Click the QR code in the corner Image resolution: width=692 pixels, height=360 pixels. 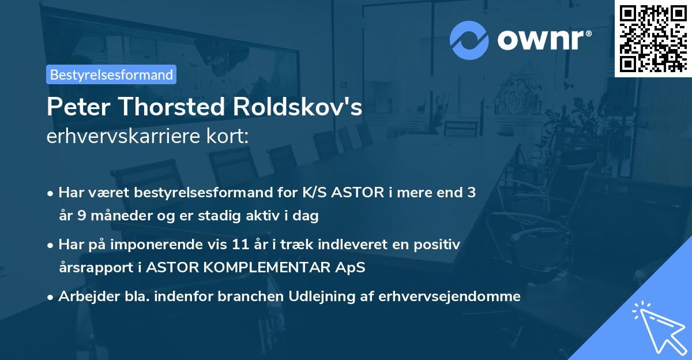(653, 38)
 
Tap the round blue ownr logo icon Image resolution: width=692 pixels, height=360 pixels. (469, 40)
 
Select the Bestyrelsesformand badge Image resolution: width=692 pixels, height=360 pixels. (111, 74)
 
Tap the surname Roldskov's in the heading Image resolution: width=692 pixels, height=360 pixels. (306, 107)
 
